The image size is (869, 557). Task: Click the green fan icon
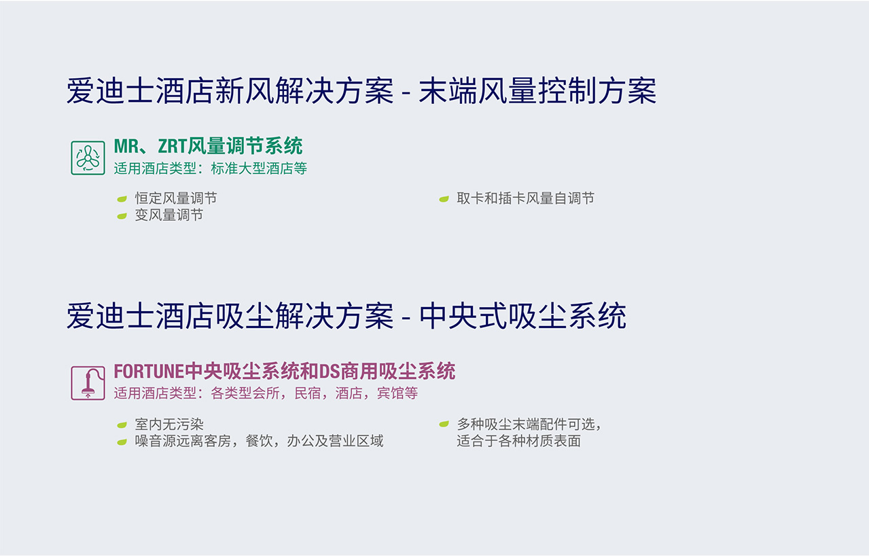88,158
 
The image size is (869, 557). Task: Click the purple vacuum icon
88,383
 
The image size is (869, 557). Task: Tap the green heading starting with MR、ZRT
208,146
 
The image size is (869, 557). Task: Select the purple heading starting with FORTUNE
284,372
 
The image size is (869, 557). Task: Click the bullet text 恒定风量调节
176,198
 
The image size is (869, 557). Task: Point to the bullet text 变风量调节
169,215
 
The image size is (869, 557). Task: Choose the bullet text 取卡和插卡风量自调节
525,198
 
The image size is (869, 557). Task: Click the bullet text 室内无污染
169,425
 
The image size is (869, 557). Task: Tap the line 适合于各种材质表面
518,442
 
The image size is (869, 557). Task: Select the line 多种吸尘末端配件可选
529,425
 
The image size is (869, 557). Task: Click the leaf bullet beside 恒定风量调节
122,199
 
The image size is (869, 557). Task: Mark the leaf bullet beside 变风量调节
122,216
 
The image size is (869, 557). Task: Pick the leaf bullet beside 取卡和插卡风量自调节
444,199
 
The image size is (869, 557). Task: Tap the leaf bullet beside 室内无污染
122,425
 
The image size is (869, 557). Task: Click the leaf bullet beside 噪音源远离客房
122,442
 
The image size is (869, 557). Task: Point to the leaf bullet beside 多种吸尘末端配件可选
444,425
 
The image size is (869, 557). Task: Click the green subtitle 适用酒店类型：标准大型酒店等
211,168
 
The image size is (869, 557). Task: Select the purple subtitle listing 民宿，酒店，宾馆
266,394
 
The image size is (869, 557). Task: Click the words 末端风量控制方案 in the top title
537,92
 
